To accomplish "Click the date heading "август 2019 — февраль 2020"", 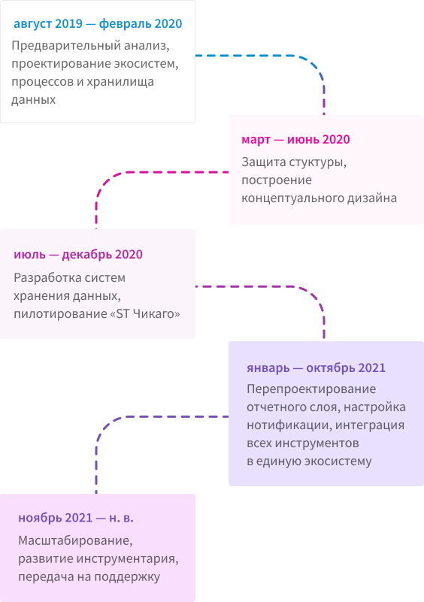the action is pyautogui.click(x=98, y=24).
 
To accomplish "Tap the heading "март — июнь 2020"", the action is pyautogui.click(x=295, y=139).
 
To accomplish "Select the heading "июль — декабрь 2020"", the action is pyautogui.click(x=78, y=255).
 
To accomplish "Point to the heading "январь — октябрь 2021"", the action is pyautogui.click(x=316, y=368).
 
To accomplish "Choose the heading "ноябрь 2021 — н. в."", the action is pyautogui.click(x=76, y=518).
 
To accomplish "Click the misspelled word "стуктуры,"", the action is pyautogui.click(x=317, y=162).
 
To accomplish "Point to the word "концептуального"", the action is pyautogui.click(x=293, y=198).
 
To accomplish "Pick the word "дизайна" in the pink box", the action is pyautogui.click(x=372, y=198).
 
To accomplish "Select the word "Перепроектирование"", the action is pyautogui.click(x=311, y=389).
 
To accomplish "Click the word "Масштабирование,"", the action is pyautogui.click(x=76, y=540).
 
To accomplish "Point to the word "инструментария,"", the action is pyautogui.click(x=127, y=558).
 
